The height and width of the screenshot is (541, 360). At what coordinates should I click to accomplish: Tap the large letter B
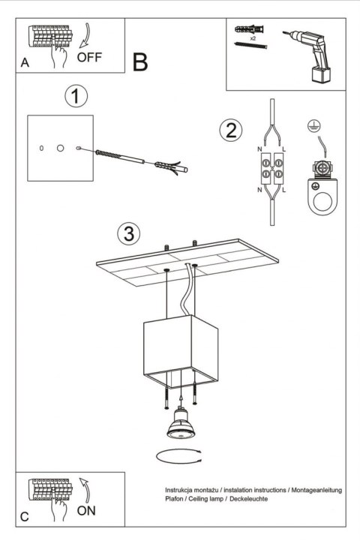(x=140, y=62)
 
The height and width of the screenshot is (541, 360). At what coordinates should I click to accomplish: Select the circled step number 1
(x=75, y=96)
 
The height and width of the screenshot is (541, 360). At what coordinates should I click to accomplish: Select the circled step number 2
(x=231, y=130)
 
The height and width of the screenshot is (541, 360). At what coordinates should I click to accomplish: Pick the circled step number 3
(x=130, y=233)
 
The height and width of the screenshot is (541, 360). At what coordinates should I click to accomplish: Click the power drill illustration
(x=309, y=54)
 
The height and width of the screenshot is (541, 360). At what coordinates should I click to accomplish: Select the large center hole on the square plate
(x=60, y=149)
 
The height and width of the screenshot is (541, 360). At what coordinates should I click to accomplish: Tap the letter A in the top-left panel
(x=25, y=65)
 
